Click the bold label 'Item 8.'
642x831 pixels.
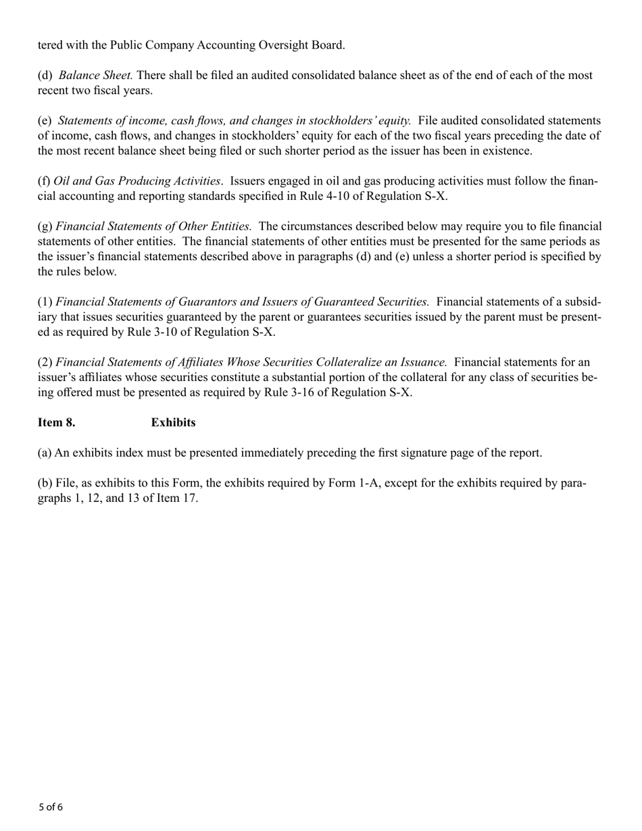[x=56, y=422]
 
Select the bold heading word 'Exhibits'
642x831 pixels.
[x=173, y=422]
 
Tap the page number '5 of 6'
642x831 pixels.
[x=51, y=807]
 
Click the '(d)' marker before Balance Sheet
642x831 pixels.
[x=45, y=75]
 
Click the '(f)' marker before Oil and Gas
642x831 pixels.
[x=44, y=181]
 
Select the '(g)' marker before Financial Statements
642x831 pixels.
[x=45, y=226]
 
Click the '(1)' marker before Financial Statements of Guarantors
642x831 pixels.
[x=45, y=302]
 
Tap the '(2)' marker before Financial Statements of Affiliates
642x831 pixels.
[x=45, y=362]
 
